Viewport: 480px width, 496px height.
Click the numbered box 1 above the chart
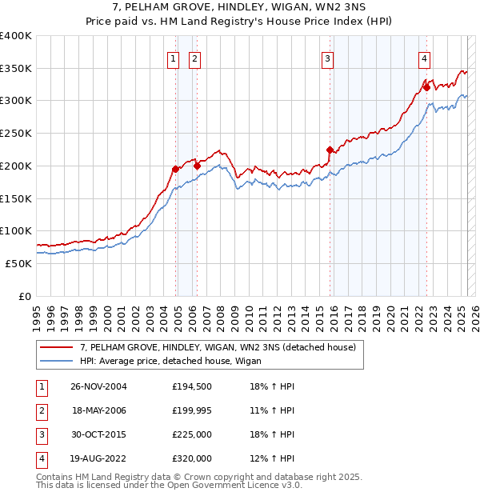(x=173, y=58)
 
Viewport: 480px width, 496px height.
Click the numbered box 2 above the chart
(x=194, y=58)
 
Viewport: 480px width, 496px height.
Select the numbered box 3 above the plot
(x=328, y=58)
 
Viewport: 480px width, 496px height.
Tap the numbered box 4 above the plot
(x=424, y=58)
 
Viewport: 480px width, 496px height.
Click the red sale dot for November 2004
(x=175, y=169)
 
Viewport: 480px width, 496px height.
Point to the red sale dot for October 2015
(x=330, y=149)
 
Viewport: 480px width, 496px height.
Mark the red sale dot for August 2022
(x=426, y=86)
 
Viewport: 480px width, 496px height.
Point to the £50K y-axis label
(x=18, y=263)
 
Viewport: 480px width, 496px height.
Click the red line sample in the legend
(x=56, y=347)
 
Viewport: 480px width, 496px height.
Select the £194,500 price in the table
(x=192, y=386)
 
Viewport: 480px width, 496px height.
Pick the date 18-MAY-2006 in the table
(x=99, y=410)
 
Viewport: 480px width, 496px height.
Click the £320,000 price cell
(x=192, y=458)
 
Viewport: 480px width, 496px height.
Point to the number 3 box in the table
(x=41, y=434)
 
